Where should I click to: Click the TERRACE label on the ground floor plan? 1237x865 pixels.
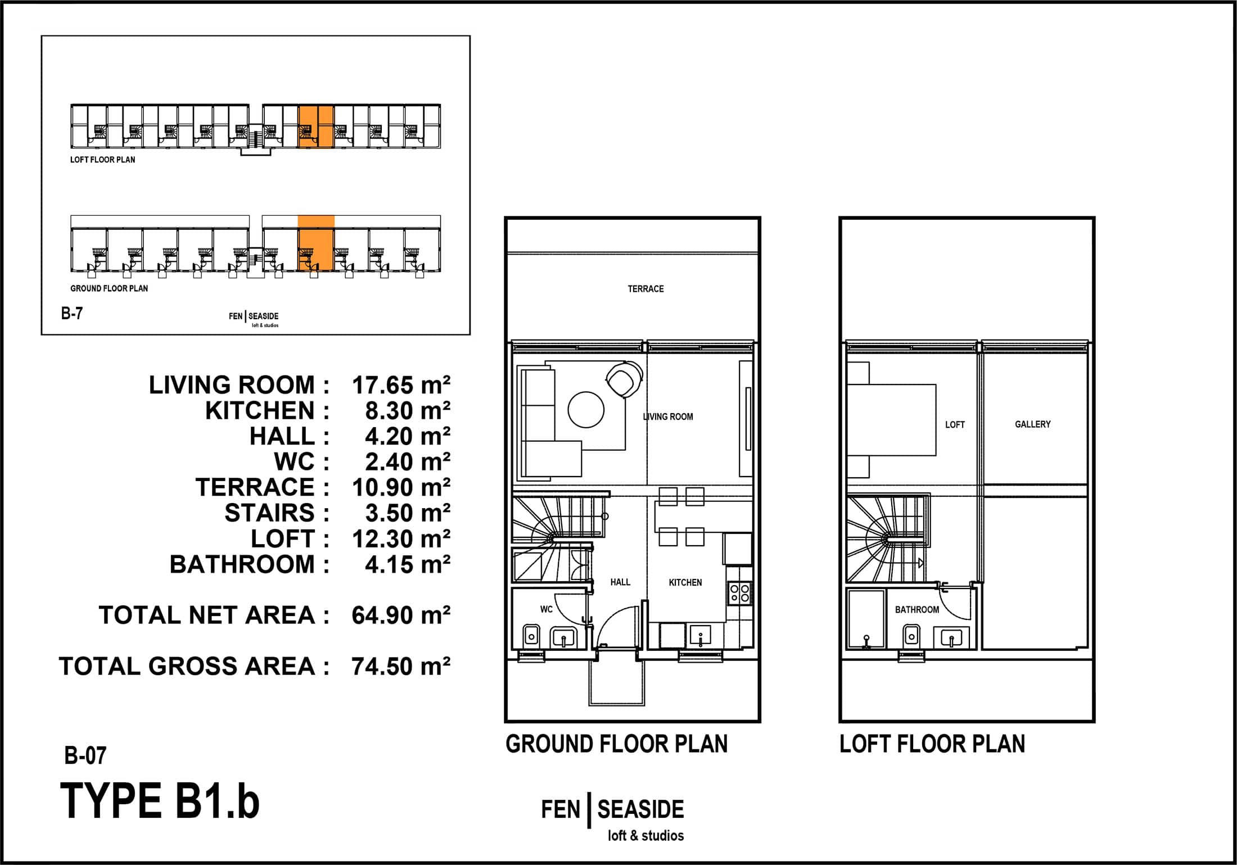coord(645,289)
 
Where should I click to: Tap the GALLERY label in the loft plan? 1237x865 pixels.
coord(1032,424)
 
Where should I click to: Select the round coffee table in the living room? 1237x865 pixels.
coord(586,410)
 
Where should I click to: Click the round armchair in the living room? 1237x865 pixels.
coord(624,380)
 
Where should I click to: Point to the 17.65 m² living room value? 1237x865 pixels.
coord(401,386)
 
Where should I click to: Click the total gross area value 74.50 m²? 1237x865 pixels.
coord(401,667)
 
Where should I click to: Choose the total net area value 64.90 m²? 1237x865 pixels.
coord(401,615)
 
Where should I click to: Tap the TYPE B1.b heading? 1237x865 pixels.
coord(160,801)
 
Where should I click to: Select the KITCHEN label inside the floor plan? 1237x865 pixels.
coord(685,582)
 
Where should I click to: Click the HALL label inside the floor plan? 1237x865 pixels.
coord(620,582)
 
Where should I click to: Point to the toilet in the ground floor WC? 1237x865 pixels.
coord(531,635)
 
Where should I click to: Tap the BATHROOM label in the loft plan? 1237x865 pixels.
coord(917,609)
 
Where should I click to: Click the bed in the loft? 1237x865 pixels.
coord(891,420)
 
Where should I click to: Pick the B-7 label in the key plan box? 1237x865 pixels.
coord(72,313)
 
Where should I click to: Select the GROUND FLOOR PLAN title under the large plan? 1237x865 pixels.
coord(616,744)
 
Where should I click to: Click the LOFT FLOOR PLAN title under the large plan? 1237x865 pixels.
coord(932,744)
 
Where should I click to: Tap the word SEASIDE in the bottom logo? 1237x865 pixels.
coord(640,809)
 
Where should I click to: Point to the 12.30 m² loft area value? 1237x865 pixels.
coord(401,539)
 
